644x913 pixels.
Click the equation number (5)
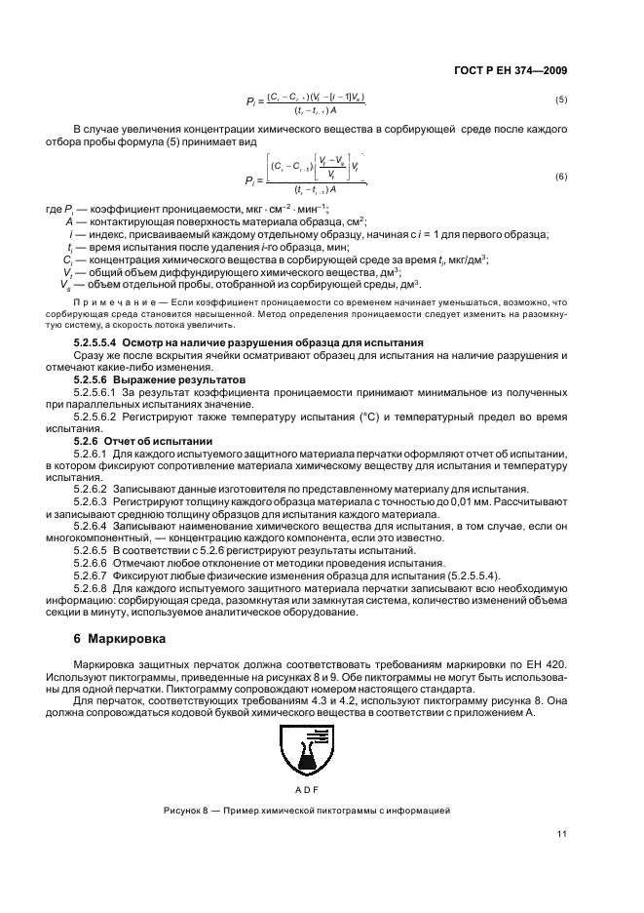point(560,100)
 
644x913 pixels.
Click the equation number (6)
point(560,177)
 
